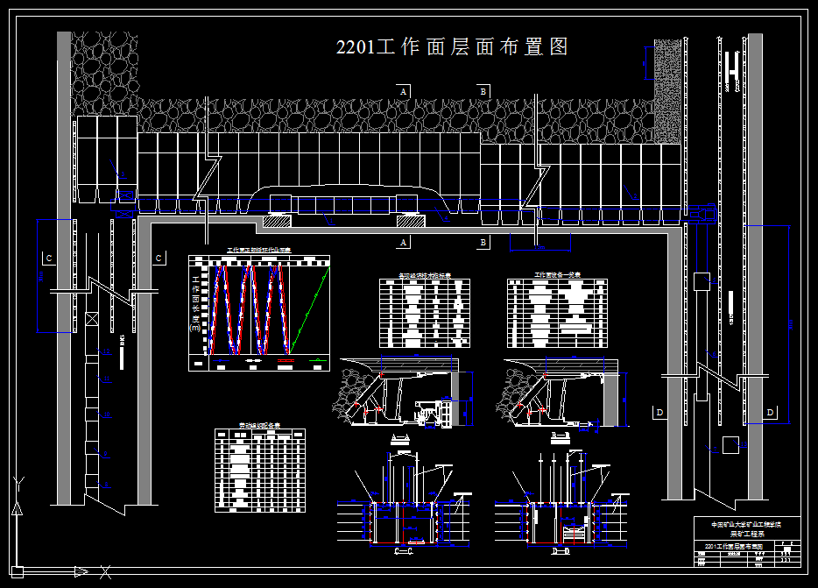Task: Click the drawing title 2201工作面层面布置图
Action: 452,47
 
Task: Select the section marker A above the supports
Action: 403,91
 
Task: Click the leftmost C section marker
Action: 49,258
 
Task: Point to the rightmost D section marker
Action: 771,412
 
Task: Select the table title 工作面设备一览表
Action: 557,275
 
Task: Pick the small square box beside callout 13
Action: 701,281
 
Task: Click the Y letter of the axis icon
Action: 19,482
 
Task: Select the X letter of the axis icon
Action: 105,573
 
